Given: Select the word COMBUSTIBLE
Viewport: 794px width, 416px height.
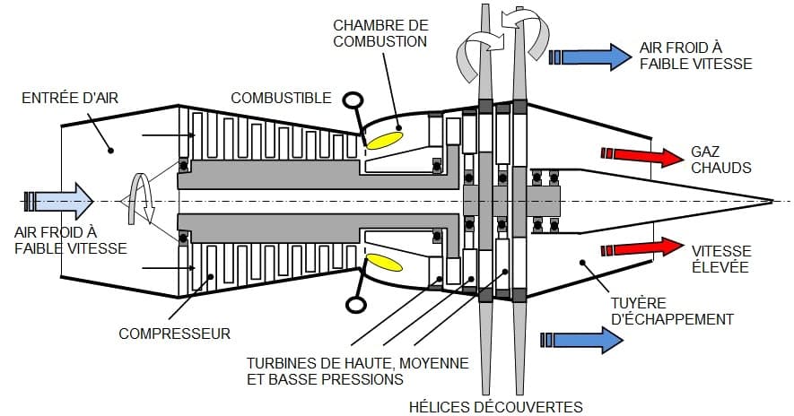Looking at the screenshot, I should click(x=281, y=98).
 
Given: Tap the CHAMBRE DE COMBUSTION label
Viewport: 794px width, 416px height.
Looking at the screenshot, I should click(x=380, y=32).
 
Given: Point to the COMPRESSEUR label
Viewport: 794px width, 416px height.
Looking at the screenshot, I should click(x=175, y=334).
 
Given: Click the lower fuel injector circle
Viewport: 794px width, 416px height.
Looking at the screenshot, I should click(x=355, y=304).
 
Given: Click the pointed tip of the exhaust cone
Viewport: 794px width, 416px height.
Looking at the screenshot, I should click(x=772, y=199).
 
